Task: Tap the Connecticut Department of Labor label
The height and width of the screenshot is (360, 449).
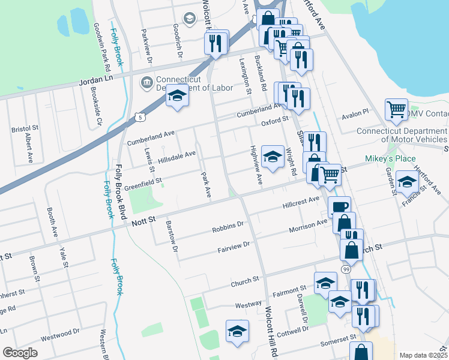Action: pyautogui.click(x=194, y=83)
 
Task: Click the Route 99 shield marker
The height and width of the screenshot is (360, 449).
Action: pyautogui.click(x=346, y=270)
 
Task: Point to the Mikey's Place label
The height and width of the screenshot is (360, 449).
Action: pyautogui.click(x=390, y=159)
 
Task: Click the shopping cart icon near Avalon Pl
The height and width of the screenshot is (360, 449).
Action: pyautogui.click(x=396, y=110)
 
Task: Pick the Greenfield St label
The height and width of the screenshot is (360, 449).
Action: pyautogui.click(x=143, y=179)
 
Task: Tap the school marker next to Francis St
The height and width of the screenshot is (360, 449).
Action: pyautogui.click(x=407, y=182)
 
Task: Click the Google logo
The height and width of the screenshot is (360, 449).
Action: pyautogui.click(x=19, y=353)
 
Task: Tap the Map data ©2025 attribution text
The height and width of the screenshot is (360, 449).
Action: pyautogui.click(x=422, y=355)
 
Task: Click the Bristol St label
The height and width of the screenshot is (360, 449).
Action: pyautogui.click(x=25, y=128)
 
